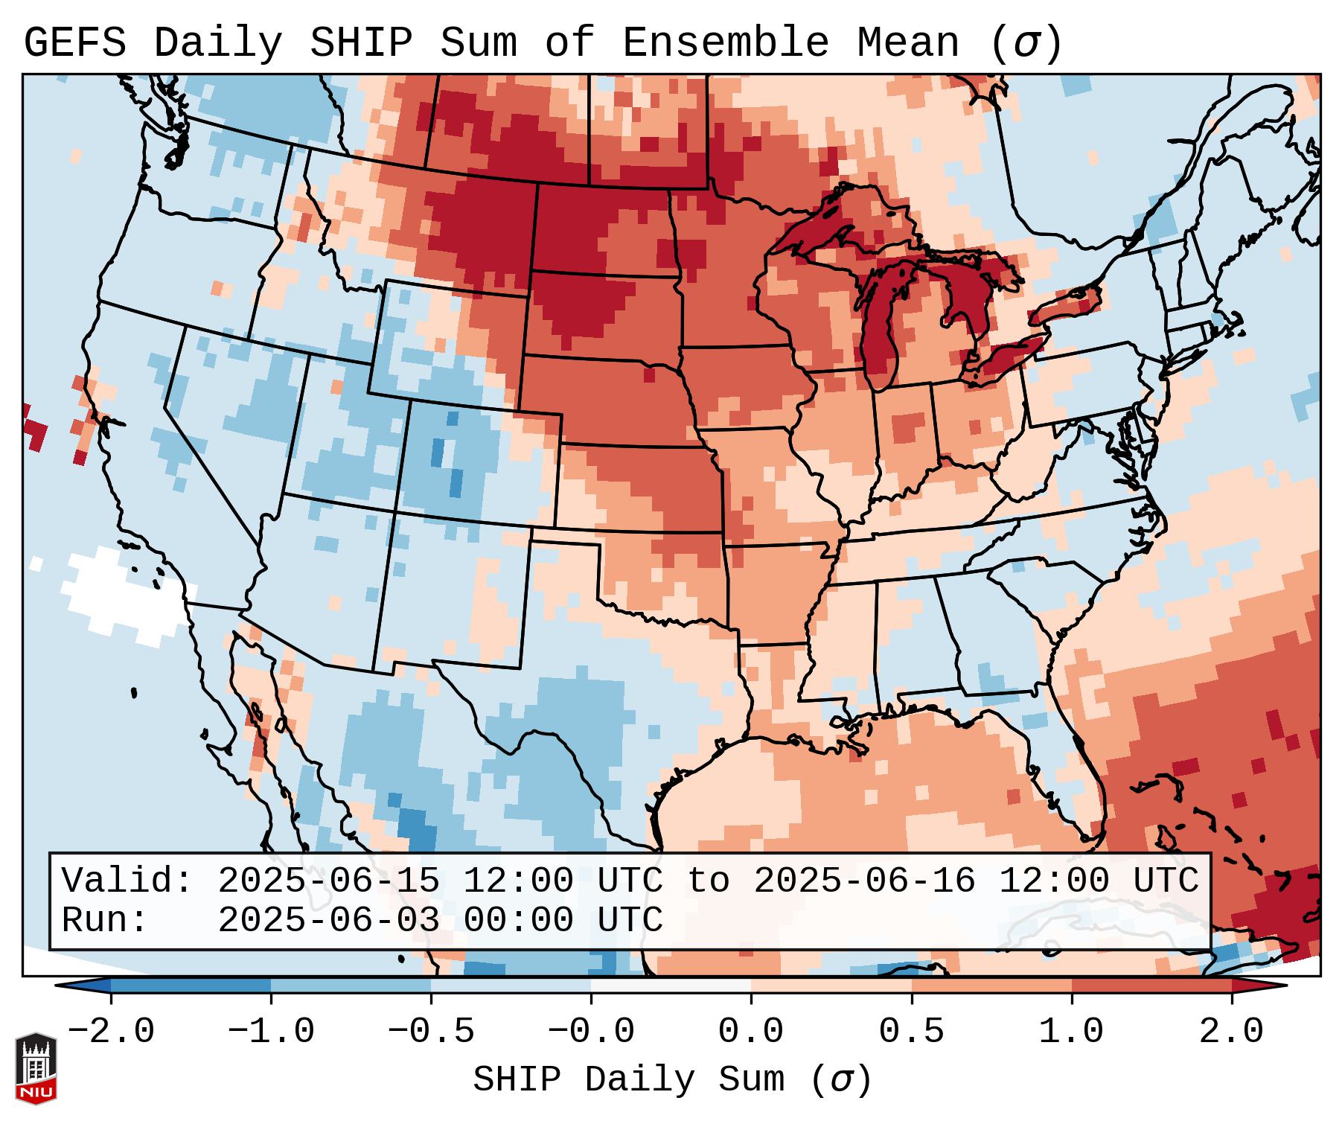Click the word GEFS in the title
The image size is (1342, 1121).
coord(75,43)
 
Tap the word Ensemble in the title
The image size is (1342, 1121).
coord(725,43)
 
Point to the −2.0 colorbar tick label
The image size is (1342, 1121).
coord(111,1032)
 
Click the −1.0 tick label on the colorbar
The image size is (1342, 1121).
coord(270,1032)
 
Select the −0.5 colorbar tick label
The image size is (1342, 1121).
coord(431,1032)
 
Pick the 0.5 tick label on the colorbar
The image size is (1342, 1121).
coord(912,1032)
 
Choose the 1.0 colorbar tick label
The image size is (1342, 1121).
coord(1072,1032)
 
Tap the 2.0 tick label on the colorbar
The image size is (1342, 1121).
coord(1232,1032)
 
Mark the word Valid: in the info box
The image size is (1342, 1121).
coord(127,881)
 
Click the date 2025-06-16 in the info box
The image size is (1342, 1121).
coord(864,881)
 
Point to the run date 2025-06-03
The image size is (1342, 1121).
coord(328,920)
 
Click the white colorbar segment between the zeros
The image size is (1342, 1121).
coord(671,986)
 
